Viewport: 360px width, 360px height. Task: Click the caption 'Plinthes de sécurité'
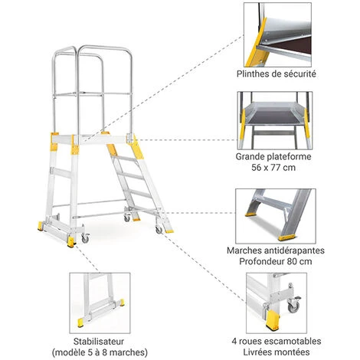tap(277, 74)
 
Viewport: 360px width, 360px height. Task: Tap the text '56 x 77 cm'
tap(273, 168)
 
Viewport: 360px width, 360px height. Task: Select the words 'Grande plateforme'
tap(273, 156)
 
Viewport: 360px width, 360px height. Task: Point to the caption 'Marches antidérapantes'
tap(276, 250)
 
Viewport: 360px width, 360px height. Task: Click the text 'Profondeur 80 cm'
tap(276, 261)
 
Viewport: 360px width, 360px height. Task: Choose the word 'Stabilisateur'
tap(99, 342)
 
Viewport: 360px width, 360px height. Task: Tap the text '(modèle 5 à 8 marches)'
tap(100, 352)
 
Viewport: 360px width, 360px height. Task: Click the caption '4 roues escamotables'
tap(277, 341)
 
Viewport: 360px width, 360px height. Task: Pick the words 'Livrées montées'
tap(277, 352)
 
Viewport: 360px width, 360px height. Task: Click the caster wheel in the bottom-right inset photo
tap(293, 306)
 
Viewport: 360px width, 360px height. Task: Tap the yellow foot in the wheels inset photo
tap(272, 321)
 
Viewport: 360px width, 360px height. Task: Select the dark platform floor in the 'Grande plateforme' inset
tap(273, 116)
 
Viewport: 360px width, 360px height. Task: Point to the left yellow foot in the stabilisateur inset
tap(80, 322)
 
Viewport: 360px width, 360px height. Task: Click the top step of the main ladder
tap(125, 159)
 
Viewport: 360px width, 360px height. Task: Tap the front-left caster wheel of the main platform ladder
tap(85, 238)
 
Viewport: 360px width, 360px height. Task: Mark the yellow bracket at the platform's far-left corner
tap(54, 142)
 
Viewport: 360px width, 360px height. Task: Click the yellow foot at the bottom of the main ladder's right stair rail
tap(169, 231)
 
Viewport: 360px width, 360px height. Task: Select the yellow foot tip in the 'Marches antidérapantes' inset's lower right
tap(286, 238)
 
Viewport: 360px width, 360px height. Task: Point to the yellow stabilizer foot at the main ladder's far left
tap(41, 226)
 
